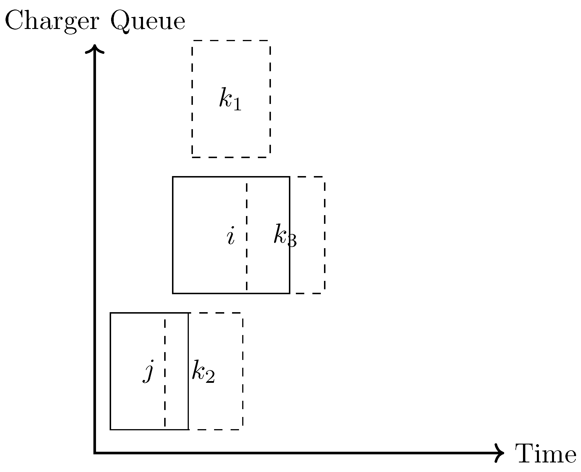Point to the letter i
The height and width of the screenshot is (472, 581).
click(231, 236)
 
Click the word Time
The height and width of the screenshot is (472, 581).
click(545, 455)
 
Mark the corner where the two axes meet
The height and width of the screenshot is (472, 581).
click(95, 453)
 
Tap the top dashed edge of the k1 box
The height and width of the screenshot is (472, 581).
click(231, 41)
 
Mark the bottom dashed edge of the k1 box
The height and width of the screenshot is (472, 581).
click(231, 157)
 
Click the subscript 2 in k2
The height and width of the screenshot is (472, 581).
click(210, 377)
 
